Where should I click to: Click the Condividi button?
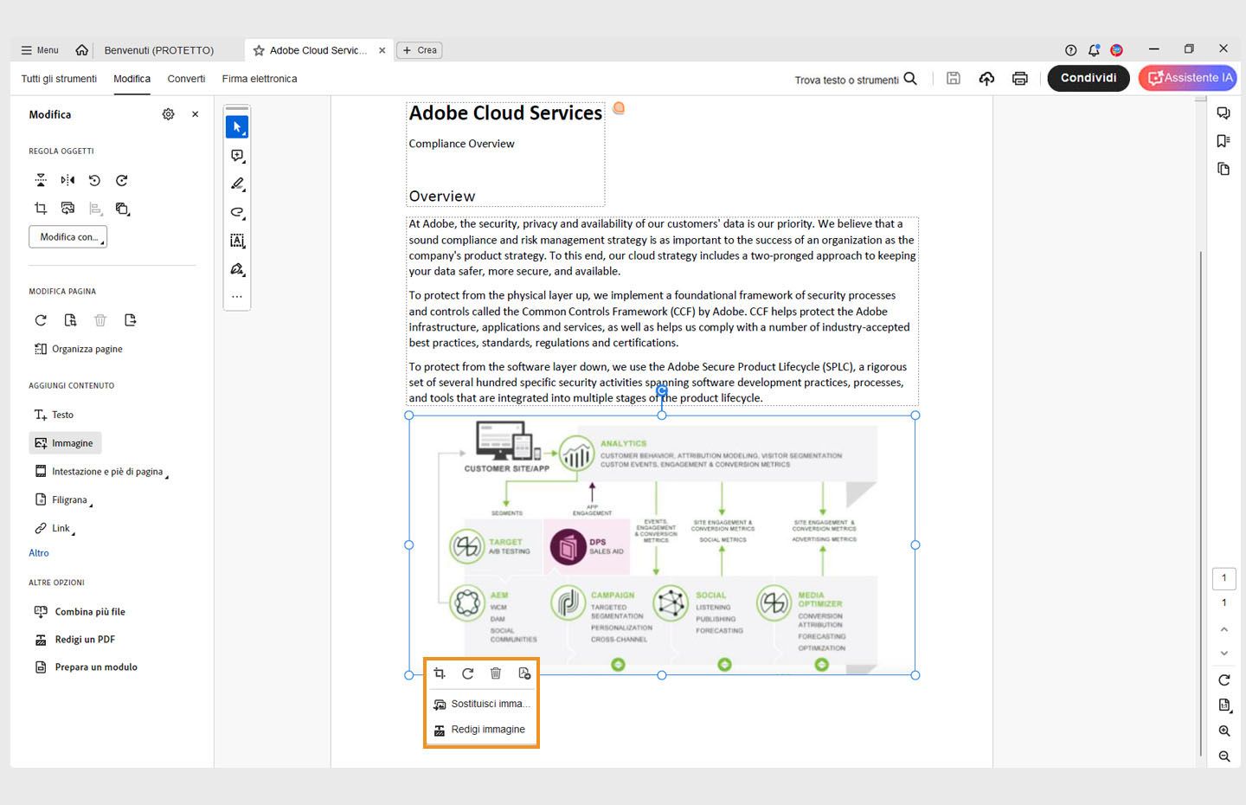pos(1088,78)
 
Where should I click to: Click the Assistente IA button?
pos(1188,78)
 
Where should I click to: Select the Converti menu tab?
pos(186,79)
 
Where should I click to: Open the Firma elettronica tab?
pos(259,79)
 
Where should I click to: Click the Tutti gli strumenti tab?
pos(59,79)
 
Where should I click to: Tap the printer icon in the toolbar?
pos(1020,79)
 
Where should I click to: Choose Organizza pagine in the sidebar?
pos(87,349)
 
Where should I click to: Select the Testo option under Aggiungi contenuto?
pos(62,415)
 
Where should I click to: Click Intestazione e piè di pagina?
pos(106,472)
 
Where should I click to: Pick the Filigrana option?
pos(69,499)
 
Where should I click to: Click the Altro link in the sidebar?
pos(39,553)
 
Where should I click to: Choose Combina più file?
pos(89,612)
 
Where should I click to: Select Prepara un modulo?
pos(95,667)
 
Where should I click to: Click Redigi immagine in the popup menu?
pos(487,730)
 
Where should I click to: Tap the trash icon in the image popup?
pos(496,673)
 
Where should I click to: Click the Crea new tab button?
pos(420,50)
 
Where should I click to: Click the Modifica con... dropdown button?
pos(68,237)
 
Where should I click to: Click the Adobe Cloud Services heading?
pos(505,113)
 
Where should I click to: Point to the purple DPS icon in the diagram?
pos(568,547)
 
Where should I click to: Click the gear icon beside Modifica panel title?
pos(168,114)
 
